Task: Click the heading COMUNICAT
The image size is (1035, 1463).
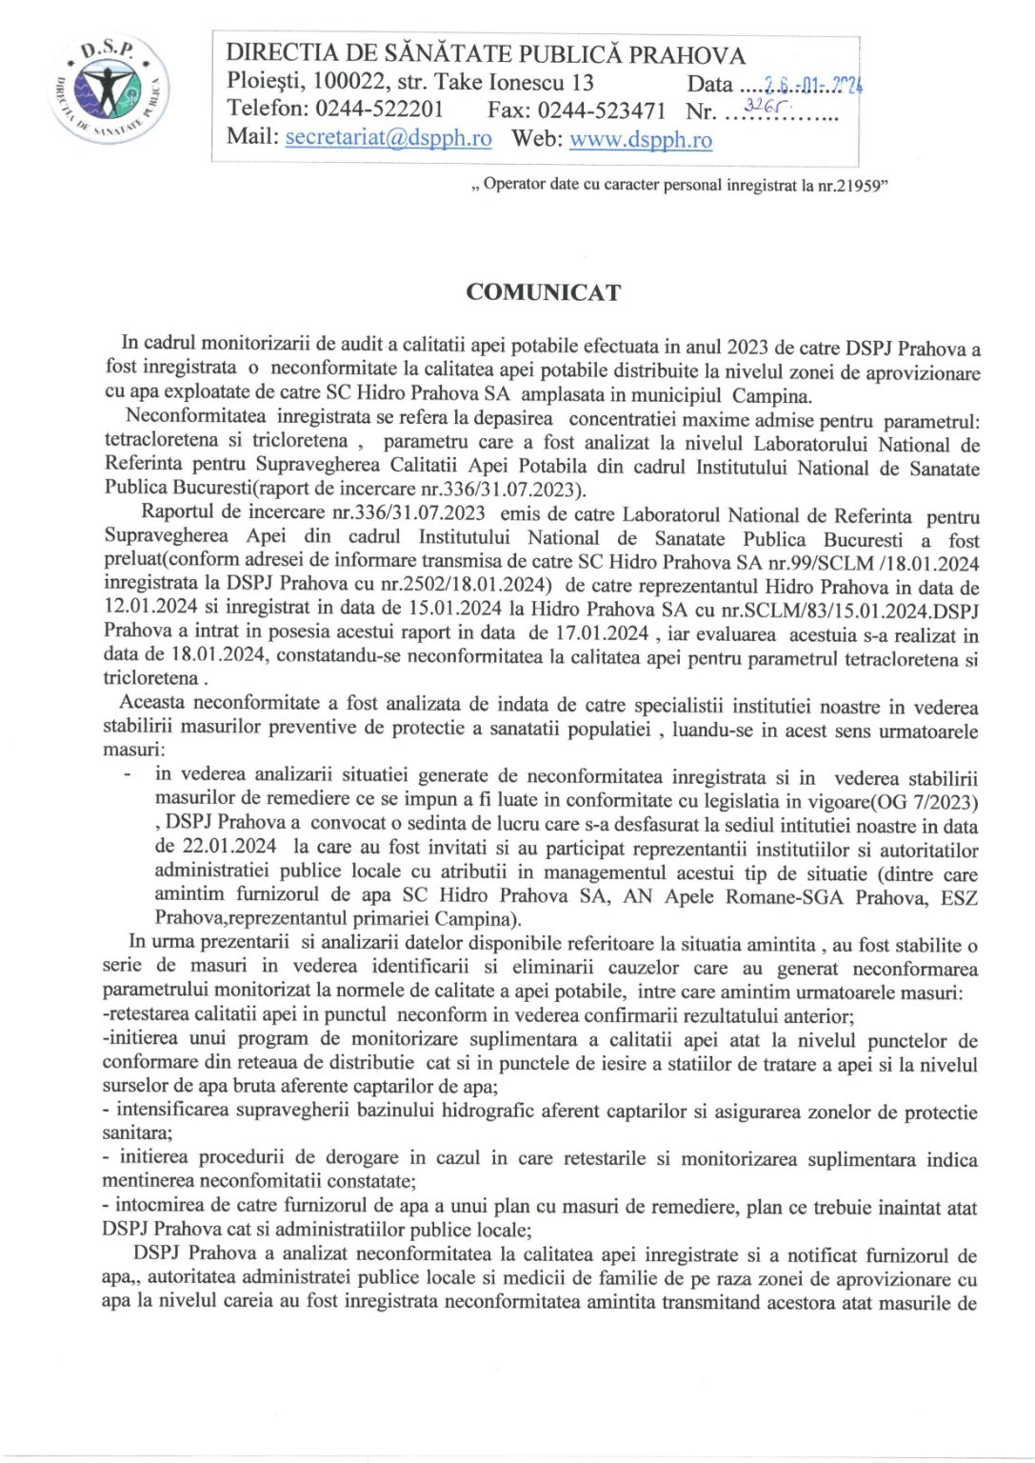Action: click(543, 292)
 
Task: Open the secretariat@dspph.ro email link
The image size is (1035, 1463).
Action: click(388, 138)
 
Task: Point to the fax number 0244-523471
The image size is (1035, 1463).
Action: click(602, 110)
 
